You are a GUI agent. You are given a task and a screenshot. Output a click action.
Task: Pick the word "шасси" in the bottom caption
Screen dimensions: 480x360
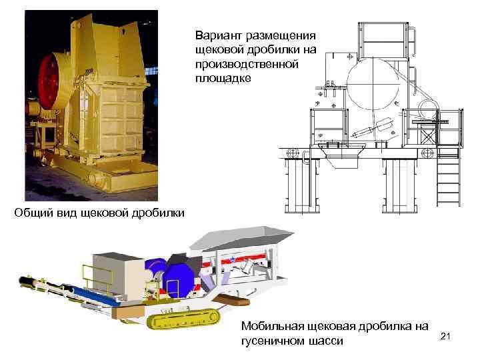(326, 341)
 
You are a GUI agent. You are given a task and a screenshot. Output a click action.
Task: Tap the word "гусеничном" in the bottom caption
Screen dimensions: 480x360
(271, 341)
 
